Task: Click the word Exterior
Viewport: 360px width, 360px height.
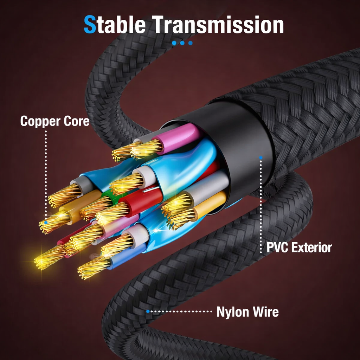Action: [311, 247]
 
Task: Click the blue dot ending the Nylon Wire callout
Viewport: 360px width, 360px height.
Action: [148, 311]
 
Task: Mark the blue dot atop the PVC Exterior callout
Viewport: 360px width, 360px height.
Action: [261, 157]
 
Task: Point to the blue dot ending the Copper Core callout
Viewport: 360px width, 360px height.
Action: [46, 222]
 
